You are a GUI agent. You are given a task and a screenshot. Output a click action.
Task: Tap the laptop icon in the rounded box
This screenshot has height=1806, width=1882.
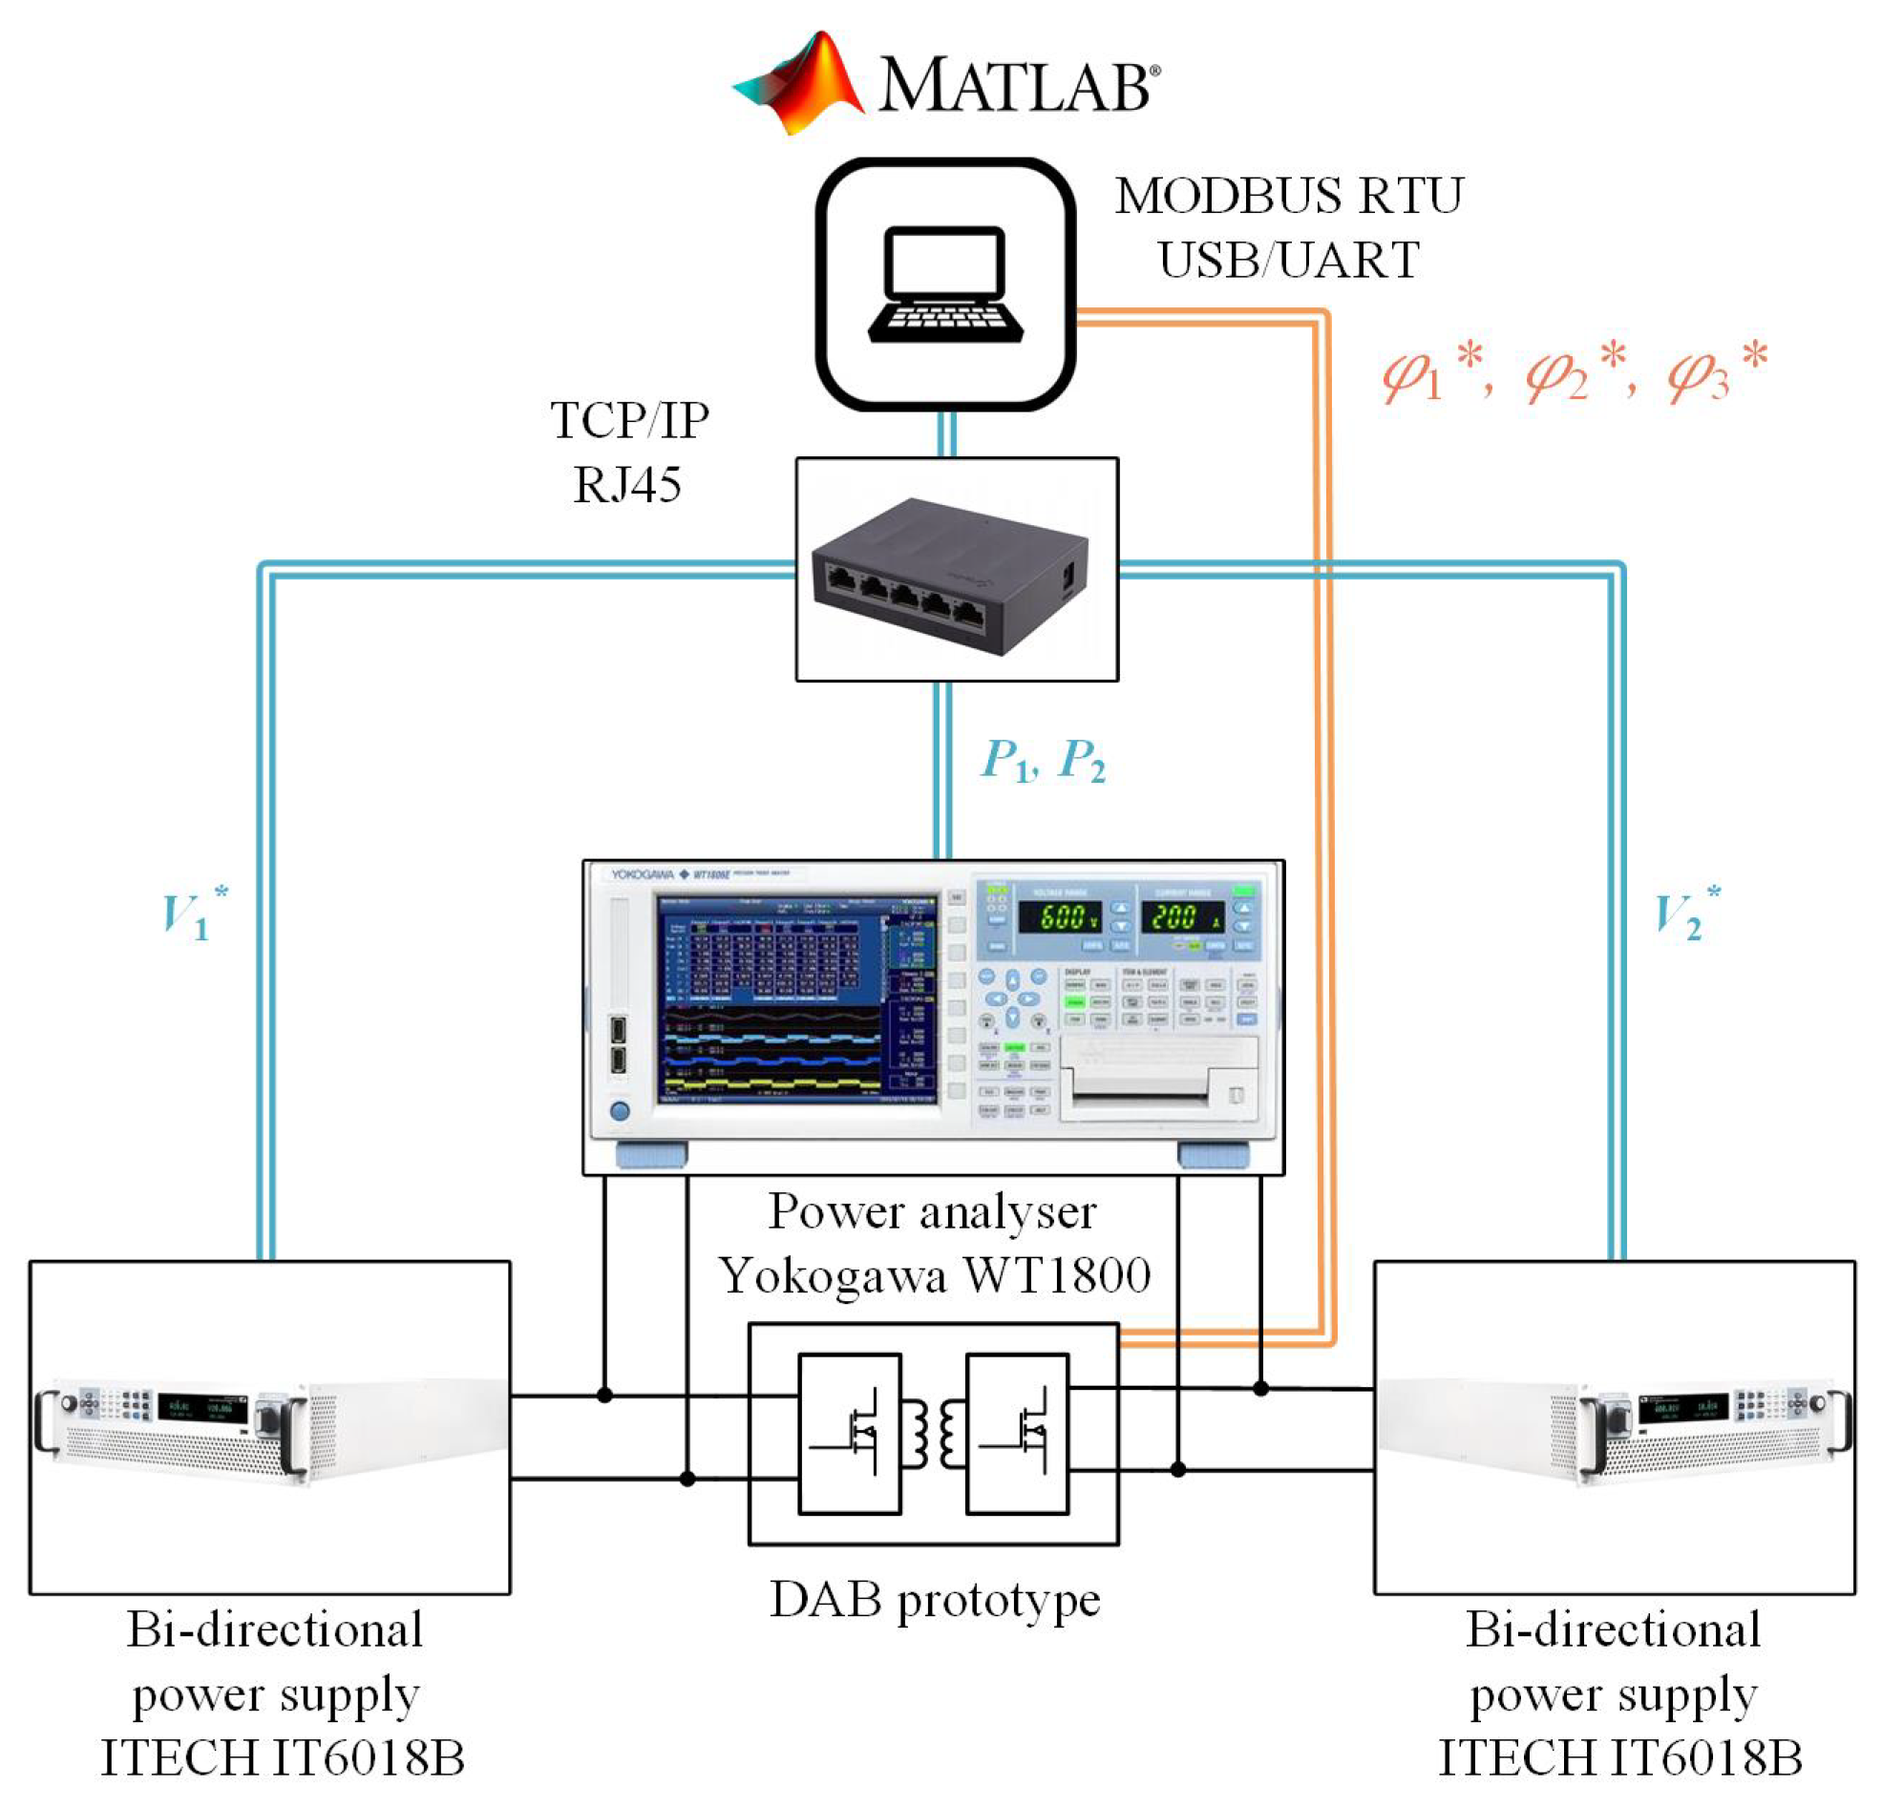pyautogui.click(x=945, y=285)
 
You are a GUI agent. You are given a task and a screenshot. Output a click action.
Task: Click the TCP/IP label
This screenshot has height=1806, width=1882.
pyautogui.click(x=629, y=421)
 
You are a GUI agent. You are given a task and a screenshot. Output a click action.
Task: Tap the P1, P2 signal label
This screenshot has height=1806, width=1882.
pyautogui.click(x=1043, y=761)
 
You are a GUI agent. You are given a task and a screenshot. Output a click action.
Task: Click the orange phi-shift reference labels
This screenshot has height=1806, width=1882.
pyautogui.click(x=1574, y=372)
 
